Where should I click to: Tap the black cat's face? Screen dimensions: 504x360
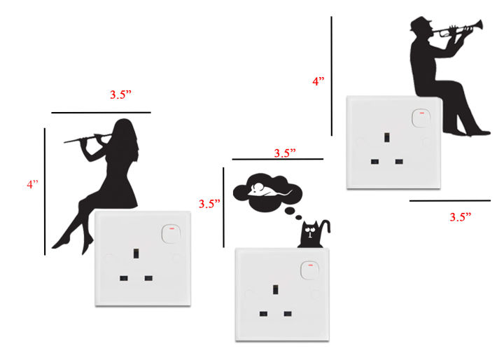point(309,231)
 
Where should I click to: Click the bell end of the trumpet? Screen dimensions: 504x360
point(479,25)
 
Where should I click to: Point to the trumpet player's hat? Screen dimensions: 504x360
point(421,23)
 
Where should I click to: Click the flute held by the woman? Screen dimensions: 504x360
point(87,138)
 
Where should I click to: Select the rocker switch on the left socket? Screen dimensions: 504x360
point(171,234)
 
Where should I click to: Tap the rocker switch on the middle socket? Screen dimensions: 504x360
point(310,270)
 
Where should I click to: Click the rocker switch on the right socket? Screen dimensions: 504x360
point(421,118)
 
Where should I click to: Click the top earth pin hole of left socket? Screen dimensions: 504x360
point(136,254)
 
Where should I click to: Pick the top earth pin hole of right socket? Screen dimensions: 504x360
point(387,137)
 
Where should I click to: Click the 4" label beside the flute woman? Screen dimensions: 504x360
point(32,184)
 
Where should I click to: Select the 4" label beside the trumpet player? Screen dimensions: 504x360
point(318,81)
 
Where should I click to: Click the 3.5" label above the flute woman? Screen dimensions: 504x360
point(120,95)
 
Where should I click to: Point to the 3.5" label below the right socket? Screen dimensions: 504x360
point(461,217)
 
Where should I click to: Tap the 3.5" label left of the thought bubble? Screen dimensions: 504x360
point(209,204)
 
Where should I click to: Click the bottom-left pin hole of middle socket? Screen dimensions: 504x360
point(263,314)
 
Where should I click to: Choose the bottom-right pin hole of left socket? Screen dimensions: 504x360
point(148,278)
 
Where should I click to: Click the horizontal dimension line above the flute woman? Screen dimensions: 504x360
point(101,113)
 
